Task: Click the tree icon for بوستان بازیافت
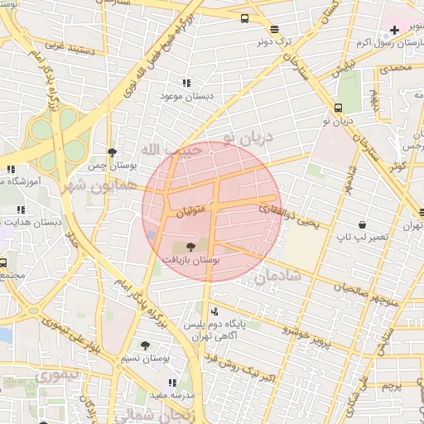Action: [x=191, y=246]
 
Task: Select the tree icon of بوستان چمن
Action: [x=112, y=152]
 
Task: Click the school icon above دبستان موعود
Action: [x=186, y=83]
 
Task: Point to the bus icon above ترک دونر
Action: [x=245, y=18]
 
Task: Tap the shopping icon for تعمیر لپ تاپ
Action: [x=362, y=225]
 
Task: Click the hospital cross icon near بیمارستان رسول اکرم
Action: [x=393, y=31]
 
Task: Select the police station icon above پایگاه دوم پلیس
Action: [x=215, y=311]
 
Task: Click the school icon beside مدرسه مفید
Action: [x=172, y=383]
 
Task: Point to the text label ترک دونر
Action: [x=273, y=40]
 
